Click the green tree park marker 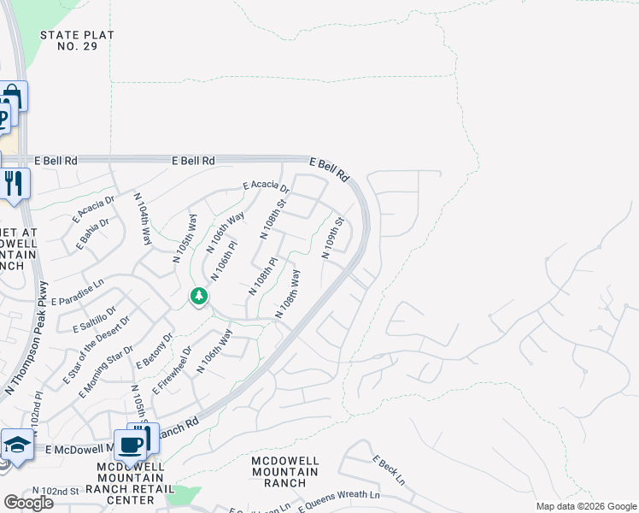(199, 296)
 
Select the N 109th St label (332, 238)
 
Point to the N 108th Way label (288, 294)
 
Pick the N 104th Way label (143, 220)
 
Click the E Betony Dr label (154, 351)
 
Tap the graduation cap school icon (17, 445)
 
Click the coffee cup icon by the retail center (131, 444)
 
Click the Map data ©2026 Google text (585, 506)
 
